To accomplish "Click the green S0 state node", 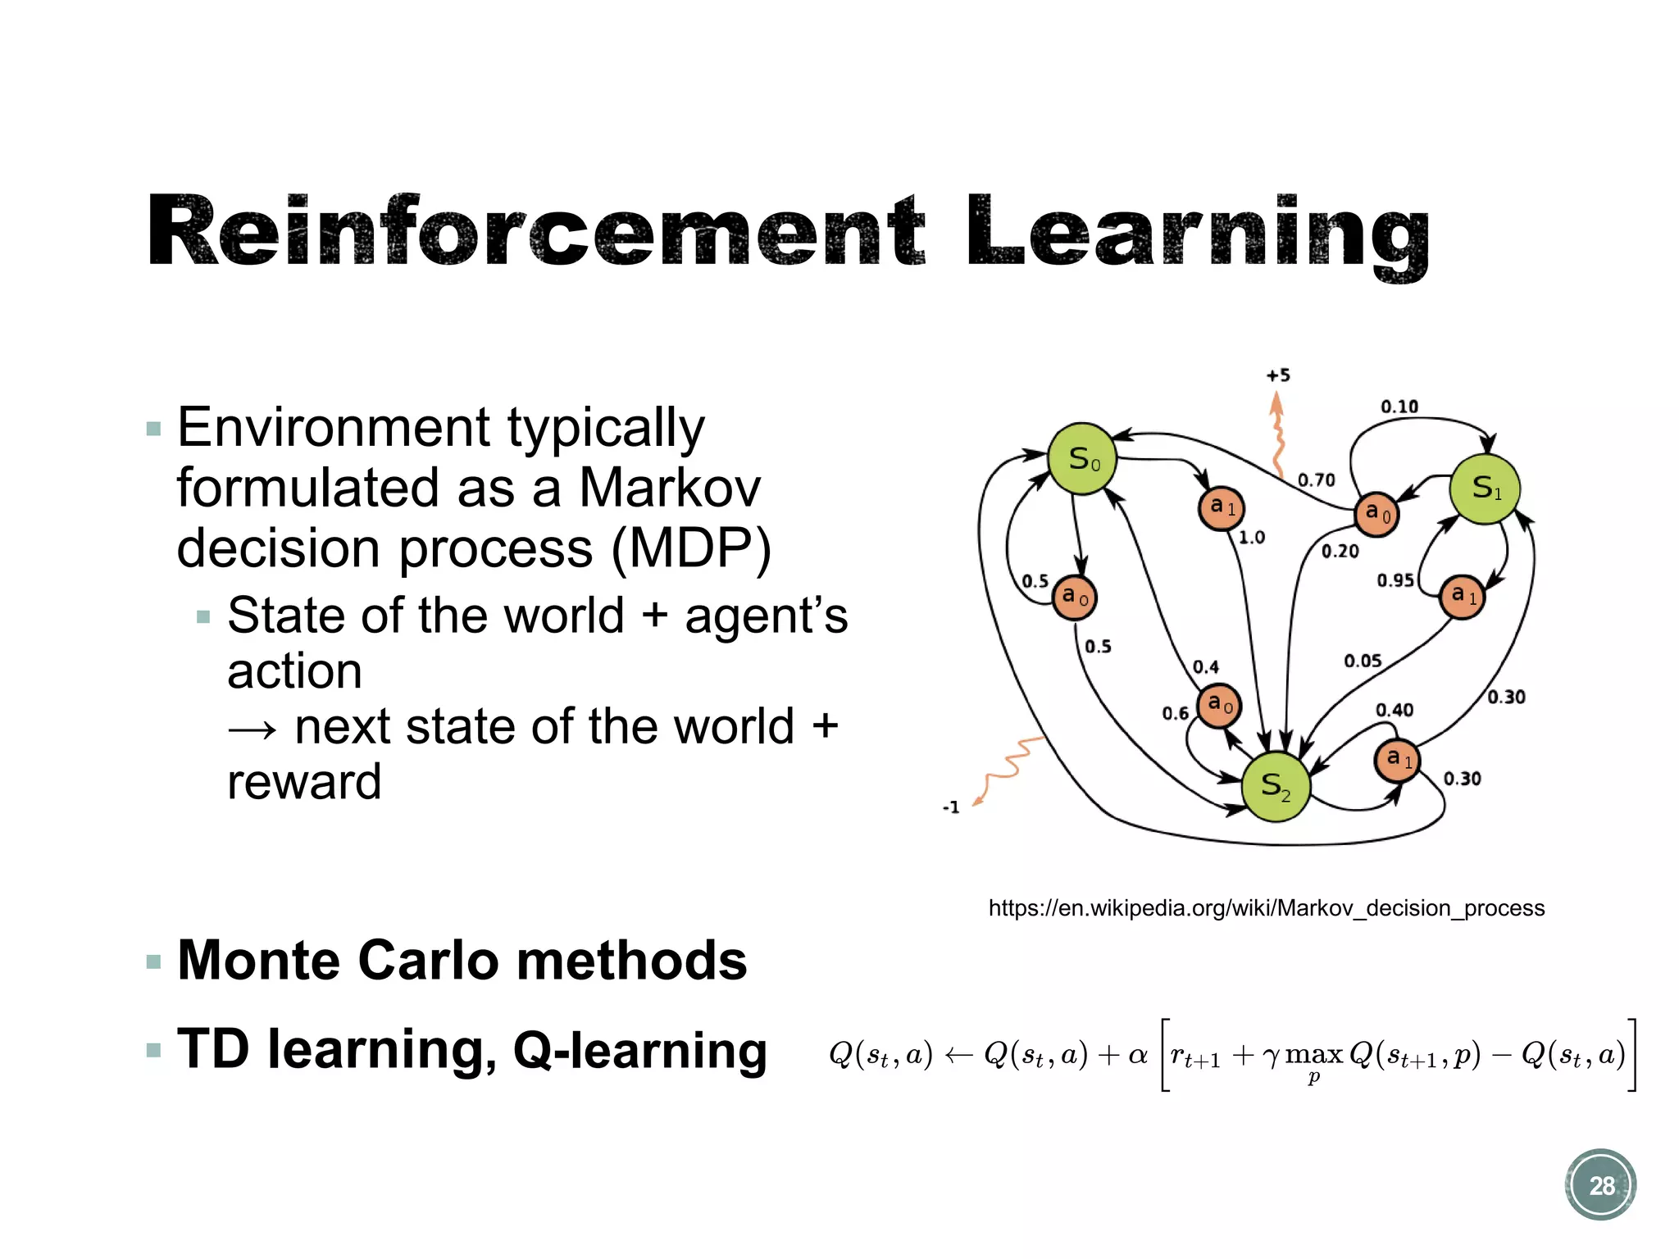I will click(1083, 459).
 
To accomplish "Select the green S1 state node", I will click(1485, 489).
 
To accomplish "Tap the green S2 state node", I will click(1276, 786).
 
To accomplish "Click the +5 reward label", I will click(1278, 375).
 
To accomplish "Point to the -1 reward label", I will click(951, 807).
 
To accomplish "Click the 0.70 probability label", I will click(1316, 480).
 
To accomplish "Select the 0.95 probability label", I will click(1395, 580).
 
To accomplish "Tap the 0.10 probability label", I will click(1399, 407).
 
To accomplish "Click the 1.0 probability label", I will click(1251, 538).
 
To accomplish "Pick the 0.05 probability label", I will click(1363, 661).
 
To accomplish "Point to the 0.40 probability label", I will click(1394, 710).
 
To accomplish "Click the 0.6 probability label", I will click(1175, 714).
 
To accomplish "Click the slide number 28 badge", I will click(1600, 1185).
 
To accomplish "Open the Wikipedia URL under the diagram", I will click(1266, 908).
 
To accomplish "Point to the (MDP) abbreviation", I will click(691, 548).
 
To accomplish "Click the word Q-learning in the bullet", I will click(639, 1050).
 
